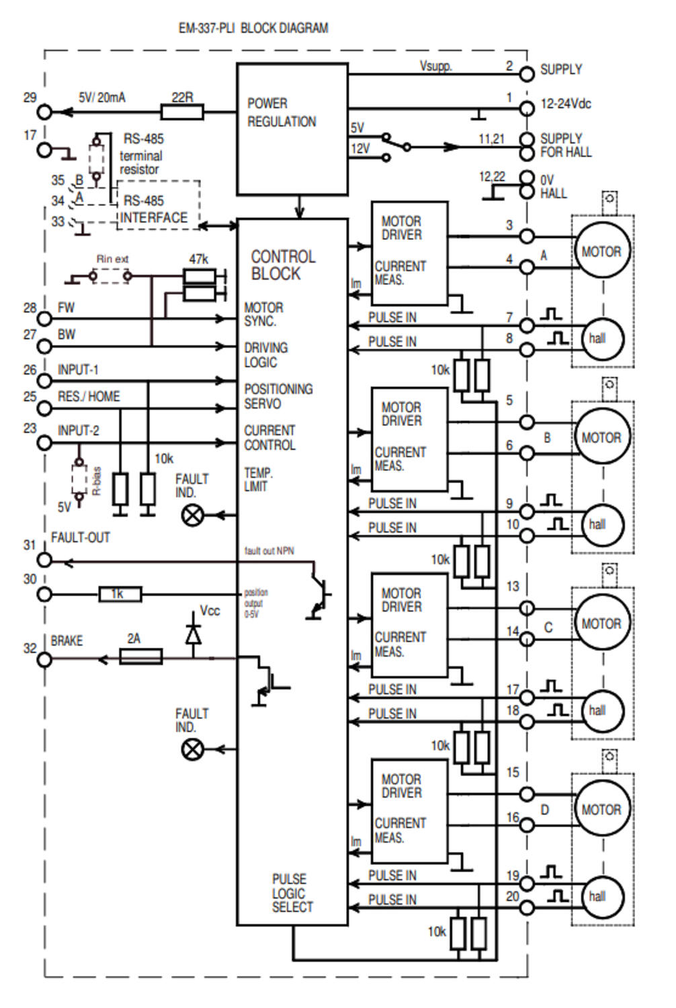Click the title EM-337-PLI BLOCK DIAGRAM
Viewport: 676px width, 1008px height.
point(253,28)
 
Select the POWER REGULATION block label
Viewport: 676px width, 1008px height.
point(281,112)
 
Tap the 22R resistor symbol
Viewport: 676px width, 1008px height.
point(182,112)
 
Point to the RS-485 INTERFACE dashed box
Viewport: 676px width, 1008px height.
point(159,205)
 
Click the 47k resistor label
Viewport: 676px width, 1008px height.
point(198,259)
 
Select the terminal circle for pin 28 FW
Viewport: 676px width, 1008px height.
point(44,319)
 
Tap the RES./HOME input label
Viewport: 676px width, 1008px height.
point(89,396)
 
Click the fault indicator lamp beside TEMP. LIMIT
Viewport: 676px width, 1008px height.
point(193,515)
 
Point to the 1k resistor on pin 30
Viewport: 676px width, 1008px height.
point(120,594)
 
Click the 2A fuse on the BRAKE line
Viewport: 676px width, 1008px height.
point(140,657)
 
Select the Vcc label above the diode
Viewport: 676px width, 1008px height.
point(210,611)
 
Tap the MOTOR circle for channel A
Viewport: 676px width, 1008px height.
point(602,252)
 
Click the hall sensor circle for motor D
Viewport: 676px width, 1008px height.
point(597,896)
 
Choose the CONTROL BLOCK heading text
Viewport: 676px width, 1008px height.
point(283,265)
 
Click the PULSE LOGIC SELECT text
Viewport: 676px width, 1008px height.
point(292,893)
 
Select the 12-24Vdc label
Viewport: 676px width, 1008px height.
point(566,104)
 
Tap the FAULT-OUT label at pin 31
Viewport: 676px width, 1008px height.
point(80,538)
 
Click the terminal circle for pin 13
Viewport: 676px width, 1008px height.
point(527,609)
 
